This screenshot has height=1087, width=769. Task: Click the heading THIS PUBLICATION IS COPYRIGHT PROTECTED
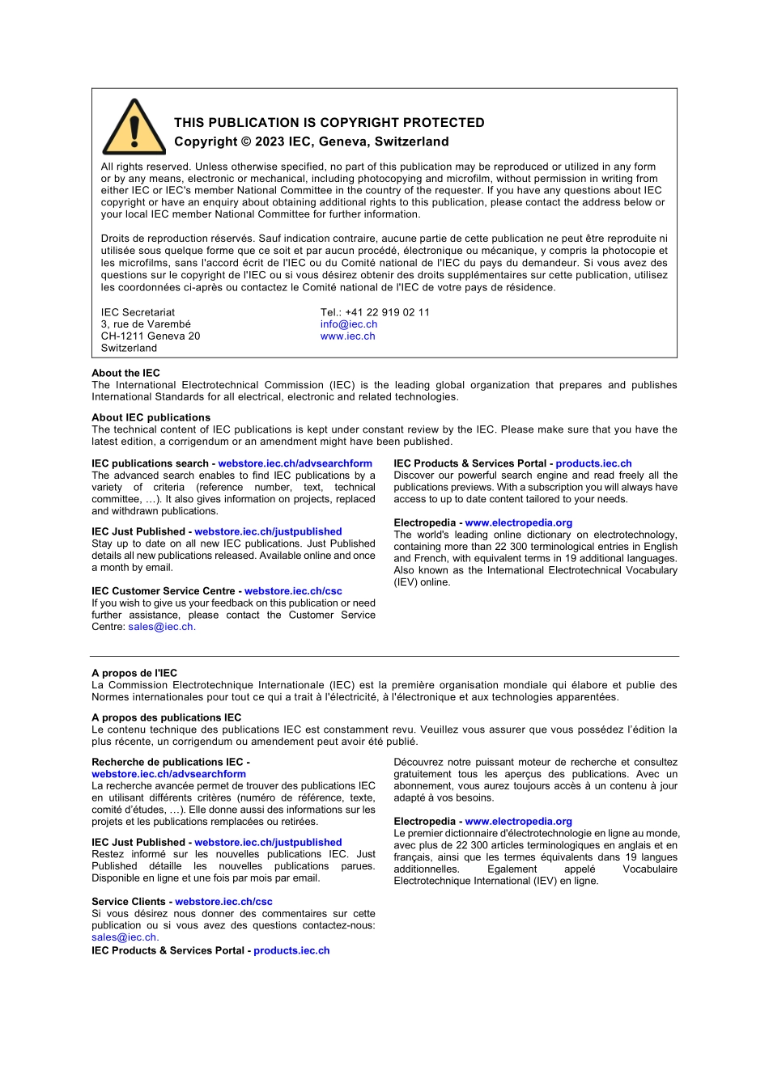coord(329,123)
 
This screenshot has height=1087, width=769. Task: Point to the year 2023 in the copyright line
coord(270,142)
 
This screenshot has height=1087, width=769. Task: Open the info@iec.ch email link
coord(348,324)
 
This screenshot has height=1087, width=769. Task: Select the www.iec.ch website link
coord(347,336)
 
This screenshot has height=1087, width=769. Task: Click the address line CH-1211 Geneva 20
coord(150,336)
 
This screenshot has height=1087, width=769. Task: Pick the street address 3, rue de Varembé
coord(146,324)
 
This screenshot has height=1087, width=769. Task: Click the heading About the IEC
coord(125,373)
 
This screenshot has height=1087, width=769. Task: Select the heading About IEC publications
coord(151,417)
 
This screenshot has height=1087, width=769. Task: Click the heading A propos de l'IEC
coord(134,673)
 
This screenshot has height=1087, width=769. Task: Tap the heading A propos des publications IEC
coord(166,717)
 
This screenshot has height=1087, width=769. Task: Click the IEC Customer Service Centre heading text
coord(165,591)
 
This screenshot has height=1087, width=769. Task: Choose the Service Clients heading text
coord(128,902)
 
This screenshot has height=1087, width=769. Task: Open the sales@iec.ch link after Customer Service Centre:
coord(160,627)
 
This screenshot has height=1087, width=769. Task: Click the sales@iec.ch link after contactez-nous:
coord(124,937)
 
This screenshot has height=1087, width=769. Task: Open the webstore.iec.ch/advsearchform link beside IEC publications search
coord(295,463)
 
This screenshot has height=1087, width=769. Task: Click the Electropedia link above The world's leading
coord(518,522)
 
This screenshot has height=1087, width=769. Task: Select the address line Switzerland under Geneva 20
coord(129,349)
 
